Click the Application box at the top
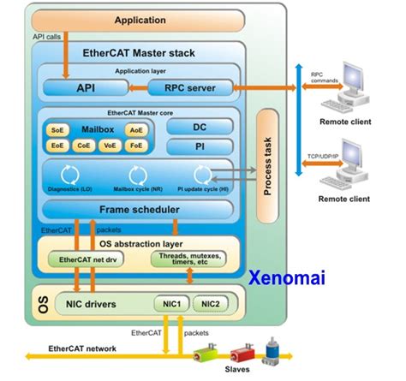[x=140, y=20]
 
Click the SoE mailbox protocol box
[x=58, y=130]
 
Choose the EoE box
[x=58, y=146]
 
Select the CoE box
[x=84, y=146]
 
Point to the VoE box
[x=110, y=146]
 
